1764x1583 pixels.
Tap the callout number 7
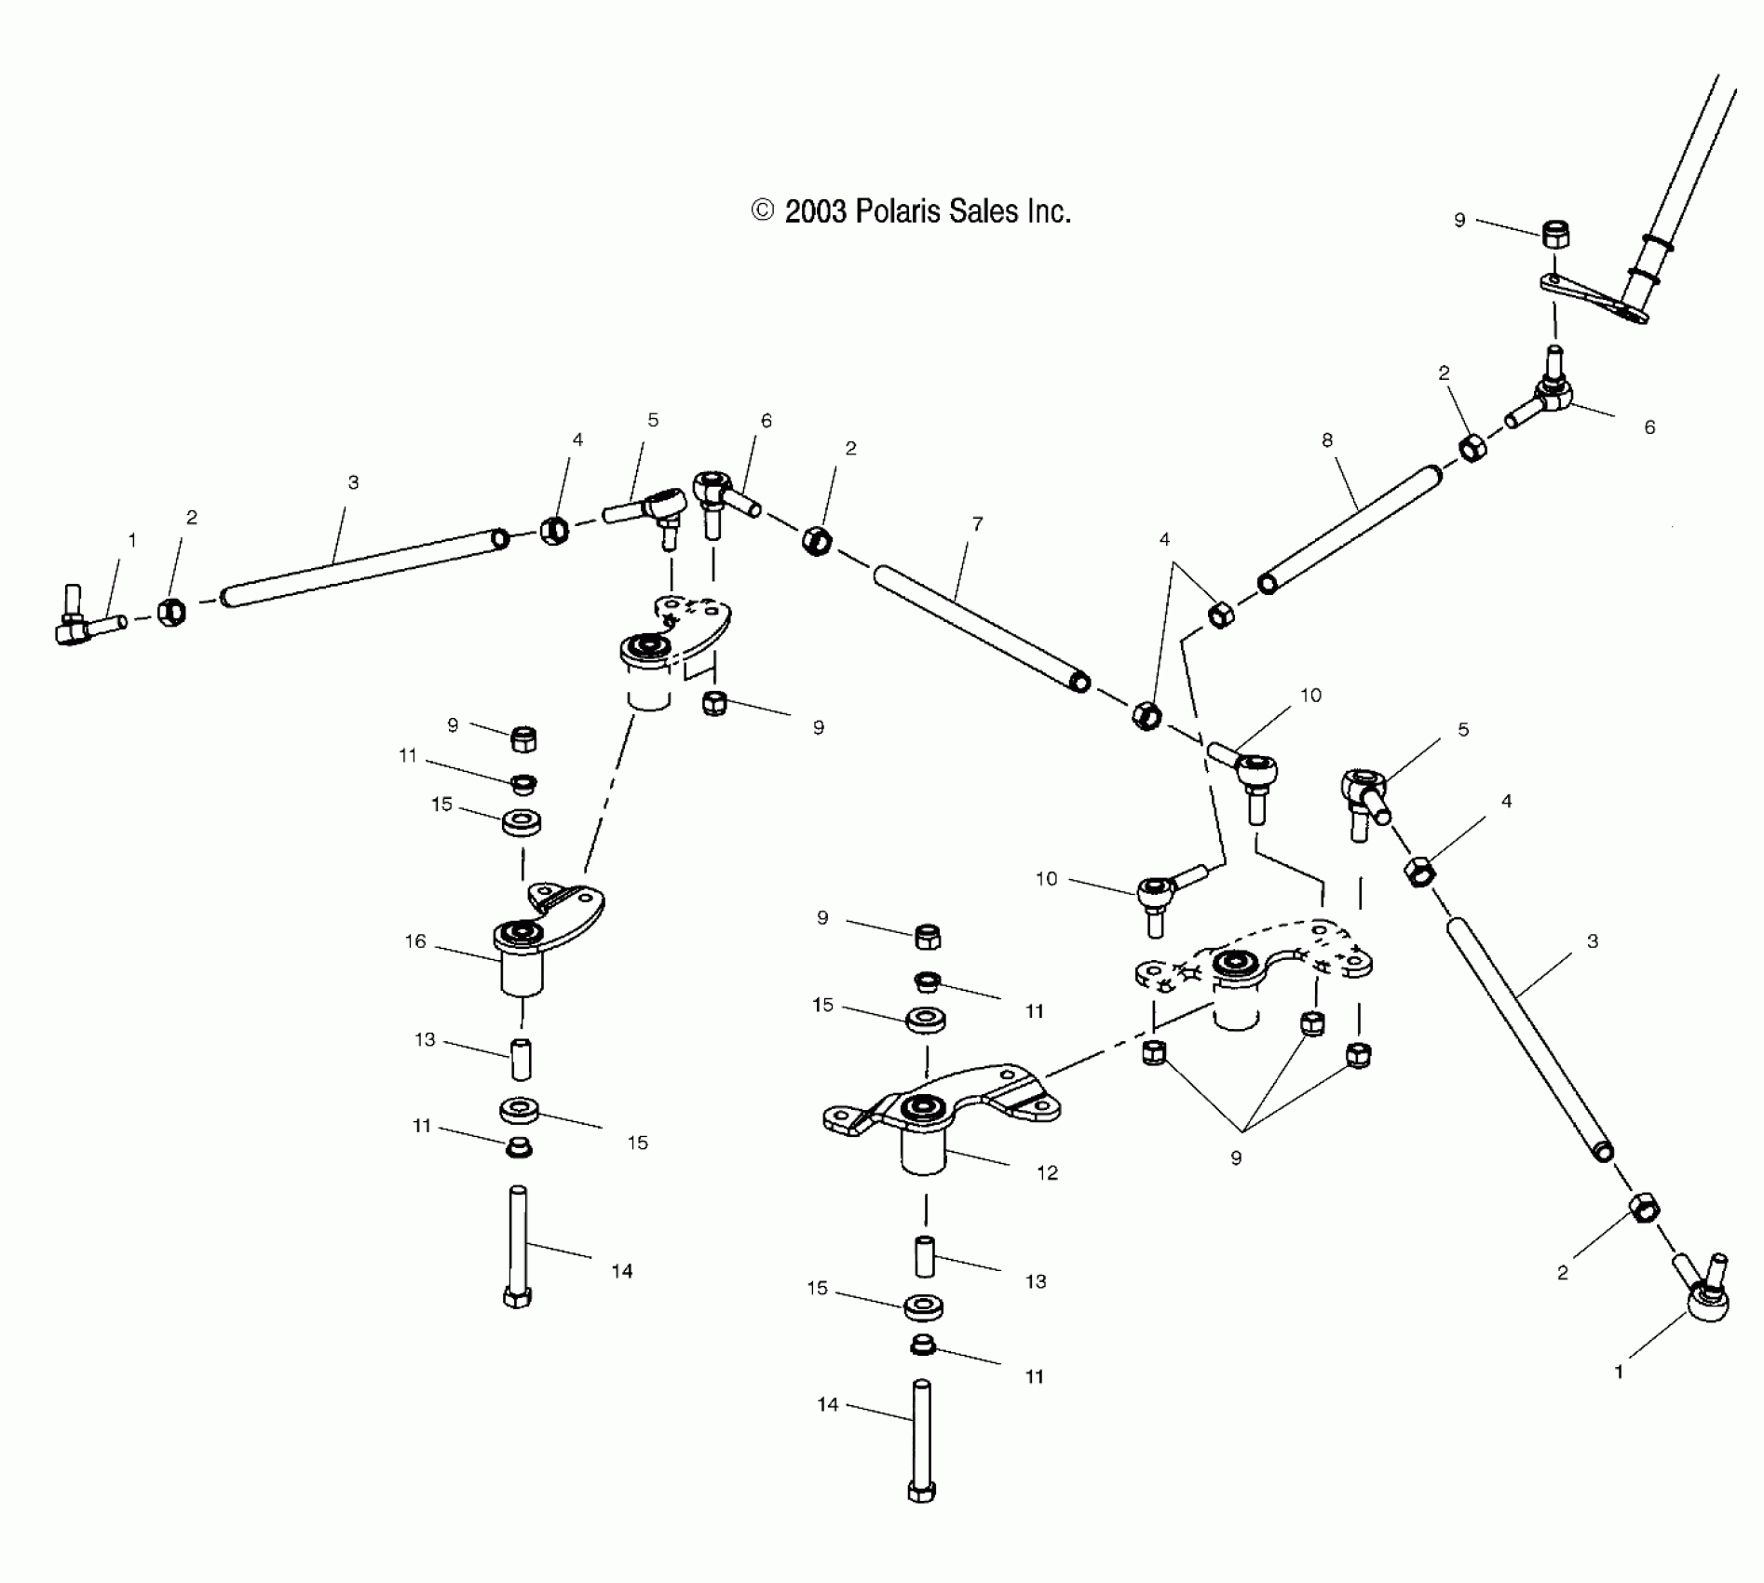pos(977,524)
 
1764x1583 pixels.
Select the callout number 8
pos(1327,440)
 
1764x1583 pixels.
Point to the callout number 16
pos(415,941)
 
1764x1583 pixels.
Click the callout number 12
pos(1048,1172)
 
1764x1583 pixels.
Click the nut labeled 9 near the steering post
pos(1554,235)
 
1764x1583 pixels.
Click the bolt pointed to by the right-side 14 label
pos(518,1248)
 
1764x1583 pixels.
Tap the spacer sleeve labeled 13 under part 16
pos(521,1060)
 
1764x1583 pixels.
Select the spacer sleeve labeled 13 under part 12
pos(925,1256)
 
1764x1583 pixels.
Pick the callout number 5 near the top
pos(653,420)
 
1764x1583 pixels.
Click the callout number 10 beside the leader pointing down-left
pos(1310,696)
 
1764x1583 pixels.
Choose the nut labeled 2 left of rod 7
pos(816,540)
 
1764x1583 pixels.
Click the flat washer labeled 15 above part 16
pos(522,822)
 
